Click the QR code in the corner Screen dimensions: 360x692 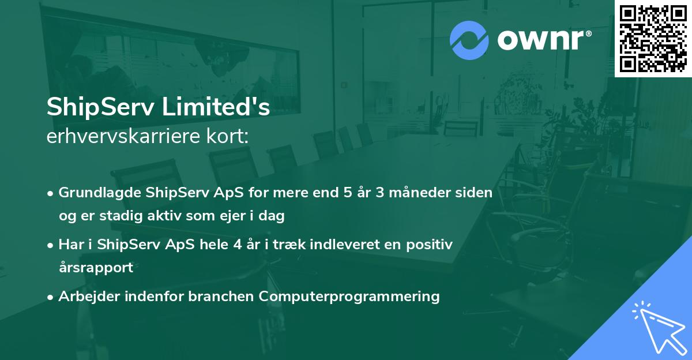[x=653, y=39]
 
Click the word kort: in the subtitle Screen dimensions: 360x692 [x=232, y=137]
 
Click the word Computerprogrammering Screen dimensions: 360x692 [x=349, y=297]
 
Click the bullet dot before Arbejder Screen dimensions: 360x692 [x=51, y=297]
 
